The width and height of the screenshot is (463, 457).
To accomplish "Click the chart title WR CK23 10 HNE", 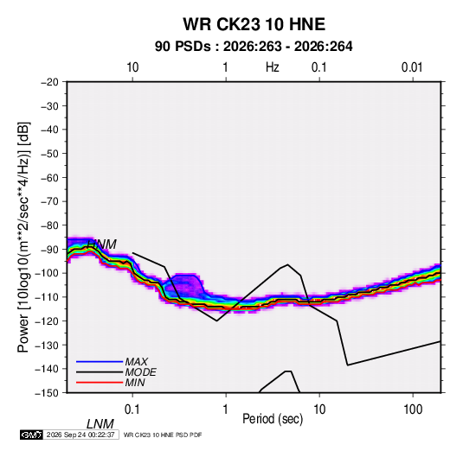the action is (254, 24).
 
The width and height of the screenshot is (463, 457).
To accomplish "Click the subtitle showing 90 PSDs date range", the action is (254, 47).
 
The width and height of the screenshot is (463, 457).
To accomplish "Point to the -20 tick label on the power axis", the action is (49, 82).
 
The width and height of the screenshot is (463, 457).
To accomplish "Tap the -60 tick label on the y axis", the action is (49, 177).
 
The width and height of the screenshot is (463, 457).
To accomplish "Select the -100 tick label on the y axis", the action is (47, 273).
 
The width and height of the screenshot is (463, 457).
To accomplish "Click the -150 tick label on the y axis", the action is (47, 393).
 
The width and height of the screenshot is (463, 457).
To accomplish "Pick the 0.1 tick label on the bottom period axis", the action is (132, 409).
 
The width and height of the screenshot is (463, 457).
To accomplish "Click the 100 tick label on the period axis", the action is (413, 409).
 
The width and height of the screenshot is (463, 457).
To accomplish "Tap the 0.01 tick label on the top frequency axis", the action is (412, 67).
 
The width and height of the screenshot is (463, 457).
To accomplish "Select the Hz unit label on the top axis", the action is (273, 67).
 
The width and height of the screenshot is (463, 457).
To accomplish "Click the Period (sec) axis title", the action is (273, 419).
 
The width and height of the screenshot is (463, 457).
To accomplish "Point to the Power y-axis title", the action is (23, 237).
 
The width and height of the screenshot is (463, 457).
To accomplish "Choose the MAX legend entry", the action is (136, 362).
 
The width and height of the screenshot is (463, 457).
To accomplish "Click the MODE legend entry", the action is (140, 372).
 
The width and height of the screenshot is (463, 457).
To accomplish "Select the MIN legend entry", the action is (135, 383).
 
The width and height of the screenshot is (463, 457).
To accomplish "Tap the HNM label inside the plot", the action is (102, 244).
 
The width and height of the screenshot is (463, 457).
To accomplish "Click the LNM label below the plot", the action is (100, 424).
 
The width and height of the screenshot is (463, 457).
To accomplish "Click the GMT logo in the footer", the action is (31, 435).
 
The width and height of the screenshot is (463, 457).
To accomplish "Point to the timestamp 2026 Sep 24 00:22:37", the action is (80, 435).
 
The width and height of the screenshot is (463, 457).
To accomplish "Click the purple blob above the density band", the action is (184, 286).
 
